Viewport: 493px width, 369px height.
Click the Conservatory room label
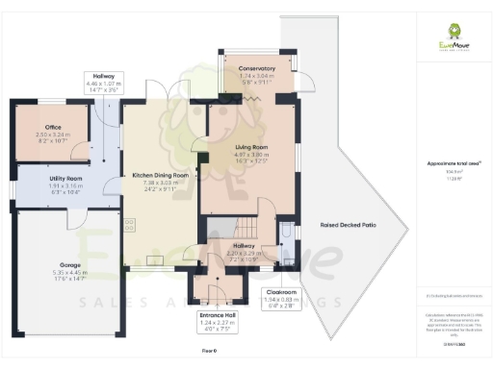(x=257, y=68)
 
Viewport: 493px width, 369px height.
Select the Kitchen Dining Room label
(x=160, y=176)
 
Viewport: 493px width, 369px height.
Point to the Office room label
(x=52, y=127)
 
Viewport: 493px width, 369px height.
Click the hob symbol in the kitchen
(x=129, y=227)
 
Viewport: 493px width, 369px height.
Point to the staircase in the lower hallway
(x=246, y=229)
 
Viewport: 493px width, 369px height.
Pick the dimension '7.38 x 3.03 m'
(x=160, y=183)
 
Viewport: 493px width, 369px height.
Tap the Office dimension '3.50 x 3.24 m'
(x=52, y=135)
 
